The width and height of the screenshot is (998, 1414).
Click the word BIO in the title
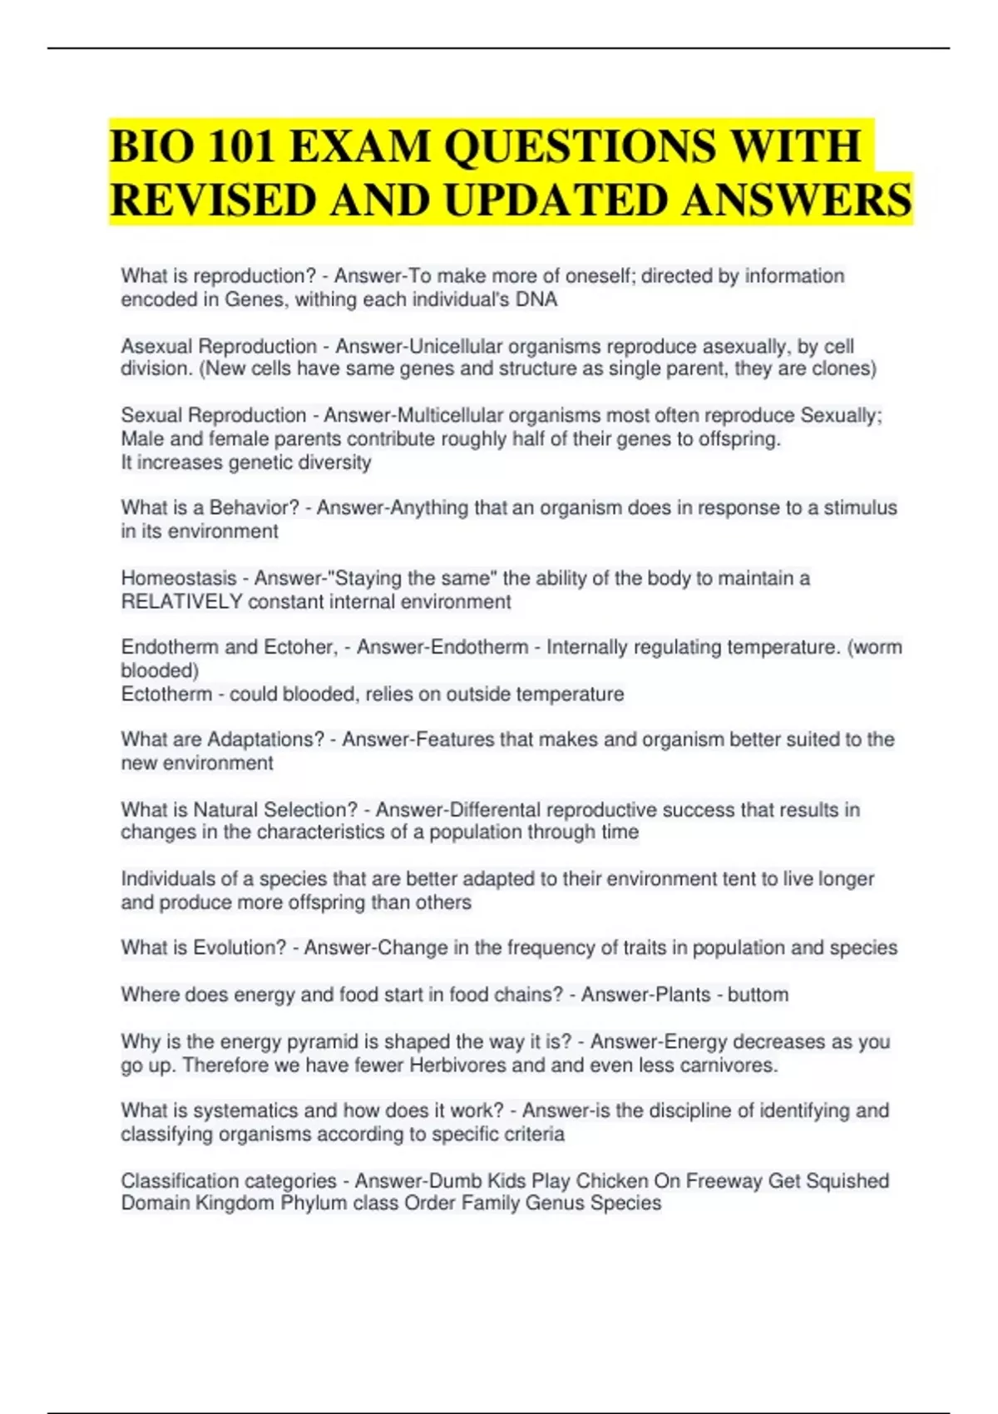pyautogui.click(x=151, y=146)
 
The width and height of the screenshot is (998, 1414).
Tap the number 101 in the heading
pyautogui.click(x=241, y=146)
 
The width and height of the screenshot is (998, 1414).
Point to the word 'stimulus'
pyautogui.click(x=860, y=507)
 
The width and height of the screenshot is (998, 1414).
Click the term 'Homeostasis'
pyautogui.click(x=179, y=578)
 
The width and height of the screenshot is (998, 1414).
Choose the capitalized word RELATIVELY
pyautogui.click(x=182, y=601)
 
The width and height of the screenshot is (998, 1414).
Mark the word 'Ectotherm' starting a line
pyautogui.click(x=166, y=694)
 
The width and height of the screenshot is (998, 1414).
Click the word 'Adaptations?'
pyautogui.click(x=265, y=739)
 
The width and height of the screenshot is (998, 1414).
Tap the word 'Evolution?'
pyautogui.click(x=240, y=947)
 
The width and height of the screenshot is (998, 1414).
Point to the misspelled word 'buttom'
pyautogui.click(x=758, y=995)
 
